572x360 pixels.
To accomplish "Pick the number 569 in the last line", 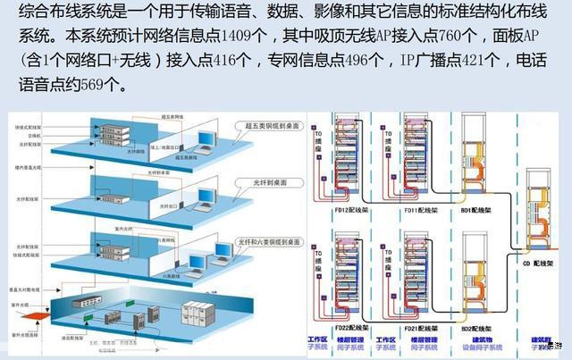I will pos(96,87).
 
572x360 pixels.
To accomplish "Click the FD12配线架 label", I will pos(347,212).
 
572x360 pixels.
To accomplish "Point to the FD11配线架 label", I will pos(417,212).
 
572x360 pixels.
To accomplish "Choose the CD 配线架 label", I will pos(541,265).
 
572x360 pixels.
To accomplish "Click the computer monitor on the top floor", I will pos(208,139).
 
